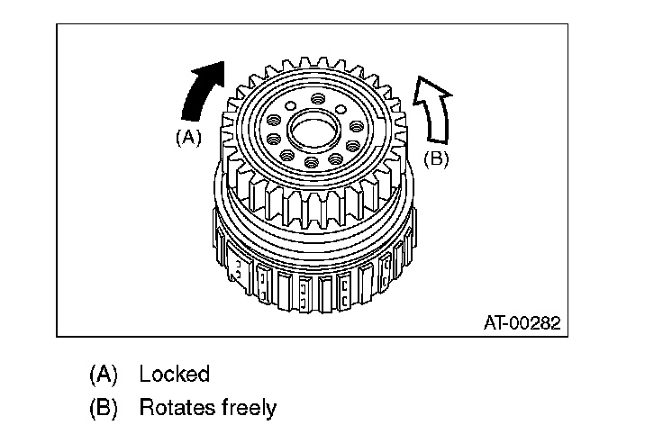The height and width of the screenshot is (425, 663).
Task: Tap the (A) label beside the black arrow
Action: pyautogui.click(x=187, y=137)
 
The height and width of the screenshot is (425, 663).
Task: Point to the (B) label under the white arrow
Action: pyautogui.click(x=436, y=158)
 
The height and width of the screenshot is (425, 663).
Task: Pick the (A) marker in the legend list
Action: pyautogui.click(x=104, y=374)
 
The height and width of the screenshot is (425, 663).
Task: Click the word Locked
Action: pyautogui.click(x=174, y=374)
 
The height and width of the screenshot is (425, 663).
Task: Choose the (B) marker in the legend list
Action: pyautogui.click(x=104, y=407)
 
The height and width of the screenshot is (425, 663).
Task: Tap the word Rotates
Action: pyautogui.click(x=176, y=407)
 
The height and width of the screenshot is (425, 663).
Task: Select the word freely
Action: pyautogui.click(x=249, y=408)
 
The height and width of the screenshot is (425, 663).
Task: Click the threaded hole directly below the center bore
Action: pyautogui.click(x=311, y=163)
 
